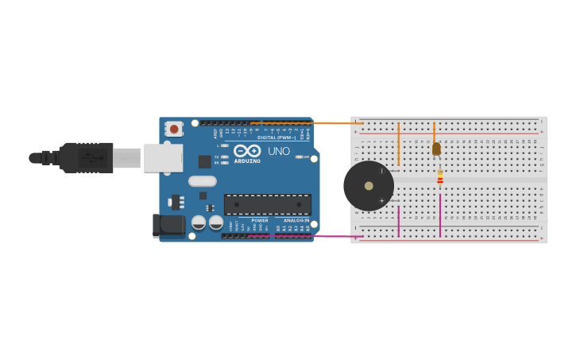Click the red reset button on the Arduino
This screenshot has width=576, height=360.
[173, 128]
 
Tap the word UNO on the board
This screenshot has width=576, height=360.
[278, 151]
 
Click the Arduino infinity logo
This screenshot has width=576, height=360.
[246, 150]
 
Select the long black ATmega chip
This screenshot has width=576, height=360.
[267, 204]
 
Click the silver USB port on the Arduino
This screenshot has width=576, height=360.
[163, 157]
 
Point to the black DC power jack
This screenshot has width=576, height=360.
[168, 225]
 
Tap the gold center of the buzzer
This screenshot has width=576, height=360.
[369, 186]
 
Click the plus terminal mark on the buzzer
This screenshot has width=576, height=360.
[381, 201]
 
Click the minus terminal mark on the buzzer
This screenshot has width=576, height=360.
[381, 170]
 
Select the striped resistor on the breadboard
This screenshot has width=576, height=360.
[440, 177]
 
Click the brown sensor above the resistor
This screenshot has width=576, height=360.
[436, 149]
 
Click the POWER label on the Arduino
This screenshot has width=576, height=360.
[260, 220]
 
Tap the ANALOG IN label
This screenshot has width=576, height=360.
[296, 220]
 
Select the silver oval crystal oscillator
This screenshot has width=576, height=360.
[203, 181]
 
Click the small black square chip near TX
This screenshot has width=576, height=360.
[204, 161]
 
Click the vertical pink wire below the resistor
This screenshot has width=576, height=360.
[440, 213]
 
